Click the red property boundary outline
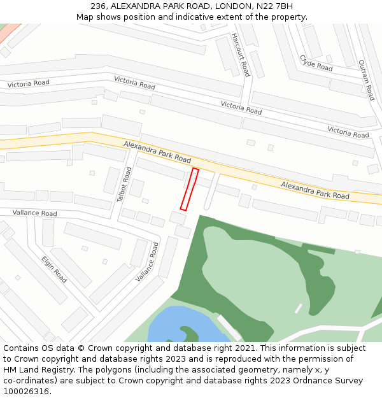pos(189,189)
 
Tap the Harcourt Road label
pos(240,55)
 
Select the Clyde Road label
pos(316,63)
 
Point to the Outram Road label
pos(366,80)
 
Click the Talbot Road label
pos(124,185)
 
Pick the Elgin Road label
pos(54,269)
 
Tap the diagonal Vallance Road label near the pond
pos(147,262)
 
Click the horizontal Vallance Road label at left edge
pos(34,213)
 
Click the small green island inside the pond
pos(189,334)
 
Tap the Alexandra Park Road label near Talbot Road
pos(157,152)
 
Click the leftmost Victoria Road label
pos(28,83)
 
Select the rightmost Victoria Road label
pos(348,132)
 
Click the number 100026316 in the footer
pos(26,391)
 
